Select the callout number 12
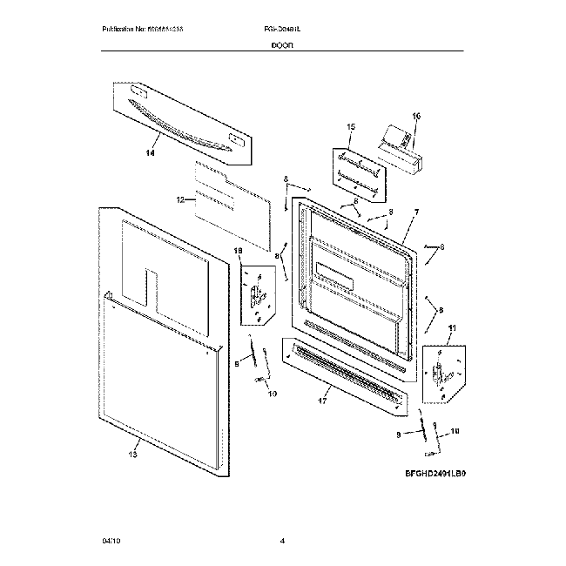pyautogui.click(x=181, y=199)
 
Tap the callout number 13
pyautogui.click(x=133, y=454)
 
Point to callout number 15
pyautogui.click(x=351, y=128)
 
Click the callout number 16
pyautogui.click(x=415, y=116)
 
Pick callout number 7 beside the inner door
pyautogui.click(x=416, y=212)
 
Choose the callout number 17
pyautogui.click(x=323, y=402)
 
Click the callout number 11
pyautogui.click(x=451, y=327)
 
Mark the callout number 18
pyautogui.click(x=238, y=251)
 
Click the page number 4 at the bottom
pyautogui.click(x=283, y=542)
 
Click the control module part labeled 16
pyautogui.click(x=399, y=149)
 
